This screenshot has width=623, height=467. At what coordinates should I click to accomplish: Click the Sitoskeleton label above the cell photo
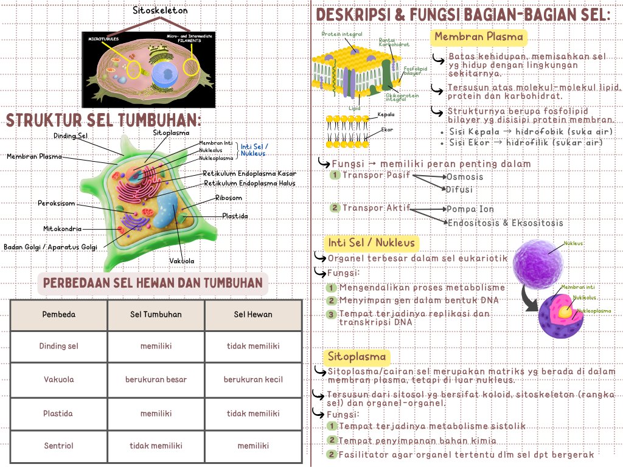[x=160, y=11]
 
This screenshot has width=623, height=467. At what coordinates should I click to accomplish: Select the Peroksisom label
[x=56, y=202]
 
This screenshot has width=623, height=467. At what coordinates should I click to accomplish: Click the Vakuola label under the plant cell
[x=181, y=261]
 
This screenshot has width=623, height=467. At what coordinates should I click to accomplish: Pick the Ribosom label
[x=228, y=198]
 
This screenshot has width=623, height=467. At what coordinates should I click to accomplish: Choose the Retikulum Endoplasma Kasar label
[x=249, y=173]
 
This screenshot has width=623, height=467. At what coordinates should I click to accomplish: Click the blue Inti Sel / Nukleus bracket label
[x=254, y=150]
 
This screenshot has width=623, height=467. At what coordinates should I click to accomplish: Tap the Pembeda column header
[x=59, y=314]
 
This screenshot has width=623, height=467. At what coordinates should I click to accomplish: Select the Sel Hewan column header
[x=253, y=314]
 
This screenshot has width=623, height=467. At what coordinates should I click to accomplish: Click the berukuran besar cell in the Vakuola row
[x=156, y=379]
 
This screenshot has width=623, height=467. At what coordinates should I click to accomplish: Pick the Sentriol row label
[x=59, y=446]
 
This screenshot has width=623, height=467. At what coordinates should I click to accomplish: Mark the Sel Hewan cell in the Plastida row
[x=253, y=413]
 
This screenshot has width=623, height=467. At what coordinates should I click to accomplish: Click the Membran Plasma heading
[x=479, y=37]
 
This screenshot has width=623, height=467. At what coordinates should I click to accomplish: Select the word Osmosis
[x=465, y=177]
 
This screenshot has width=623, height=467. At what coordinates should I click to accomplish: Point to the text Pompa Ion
[x=470, y=209]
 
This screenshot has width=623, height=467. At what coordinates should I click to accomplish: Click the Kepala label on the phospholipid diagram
[x=386, y=114]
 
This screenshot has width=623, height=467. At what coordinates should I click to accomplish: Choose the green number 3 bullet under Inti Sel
[x=331, y=314]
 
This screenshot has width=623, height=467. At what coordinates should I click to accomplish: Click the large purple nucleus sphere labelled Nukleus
[x=535, y=263]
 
